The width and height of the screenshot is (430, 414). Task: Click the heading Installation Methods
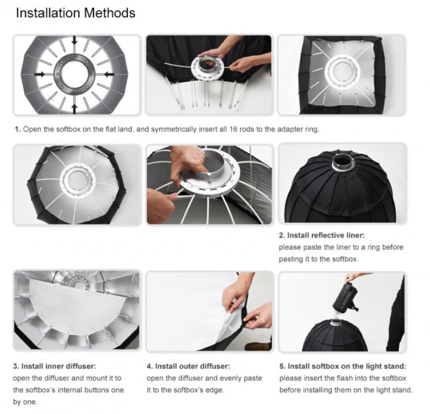coord(76,13)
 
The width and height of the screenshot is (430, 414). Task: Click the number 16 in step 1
coord(233,129)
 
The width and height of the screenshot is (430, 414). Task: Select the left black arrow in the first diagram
coord(40,74)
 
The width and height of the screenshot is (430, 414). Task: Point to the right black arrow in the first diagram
coord(109,74)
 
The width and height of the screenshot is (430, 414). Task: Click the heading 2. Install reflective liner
coord(321,235)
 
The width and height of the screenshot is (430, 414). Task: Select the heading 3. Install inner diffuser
coord(54,366)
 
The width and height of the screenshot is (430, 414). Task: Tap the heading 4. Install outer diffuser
coord(189,366)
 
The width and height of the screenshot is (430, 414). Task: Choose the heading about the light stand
coord(343,366)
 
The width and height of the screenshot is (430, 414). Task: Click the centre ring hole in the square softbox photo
coord(342,72)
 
